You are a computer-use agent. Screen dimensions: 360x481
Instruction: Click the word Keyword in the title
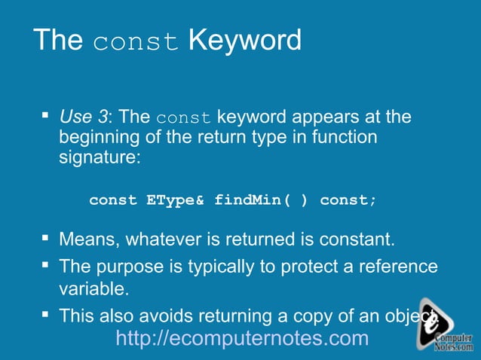tap(244, 40)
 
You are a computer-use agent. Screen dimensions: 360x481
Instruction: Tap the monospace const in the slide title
tap(136, 41)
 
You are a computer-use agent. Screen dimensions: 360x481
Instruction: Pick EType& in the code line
tap(175, 200)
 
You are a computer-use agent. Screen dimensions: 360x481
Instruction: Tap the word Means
tap(89, 240)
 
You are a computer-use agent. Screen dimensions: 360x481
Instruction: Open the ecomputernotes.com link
tap(242, 338)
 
